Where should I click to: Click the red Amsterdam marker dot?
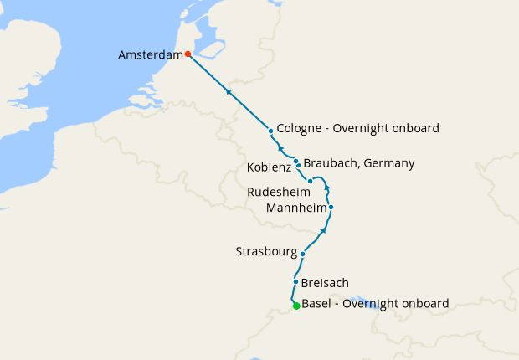(x=188, y=54)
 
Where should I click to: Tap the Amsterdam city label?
(x=151, y=55)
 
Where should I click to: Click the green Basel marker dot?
(x=296, y=306)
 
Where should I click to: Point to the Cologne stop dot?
(x=271, y=131)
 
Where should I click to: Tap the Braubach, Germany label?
(x=359, y=163)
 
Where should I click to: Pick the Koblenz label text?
(x=269, y=168)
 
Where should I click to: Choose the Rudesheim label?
(x=279, y=193)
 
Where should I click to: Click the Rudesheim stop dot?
(x=310, y=181)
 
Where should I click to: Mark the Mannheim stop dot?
(x=331, y=207)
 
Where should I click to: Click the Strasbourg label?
(x=267, y=251)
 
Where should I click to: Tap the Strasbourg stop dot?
(x=303, y=252)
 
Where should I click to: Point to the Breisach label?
(x=325, y=283)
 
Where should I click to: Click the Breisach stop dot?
(x=296, y=282)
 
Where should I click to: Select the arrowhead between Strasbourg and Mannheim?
(x=323, y=229)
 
